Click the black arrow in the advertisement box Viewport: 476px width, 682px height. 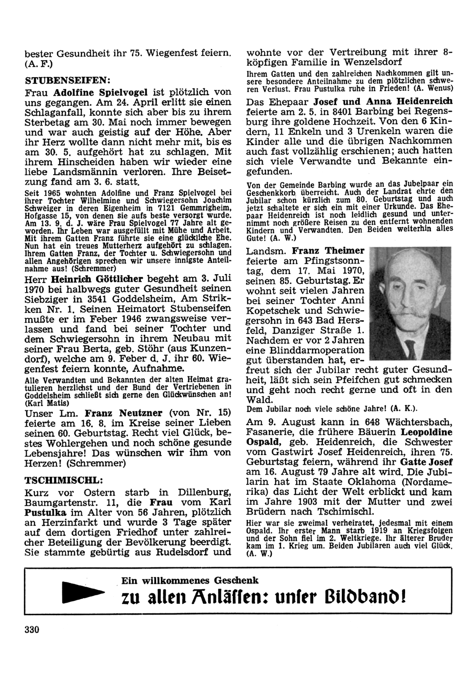(x=84, y=593)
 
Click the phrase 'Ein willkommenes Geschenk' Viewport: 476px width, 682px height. (x=190, y=580)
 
